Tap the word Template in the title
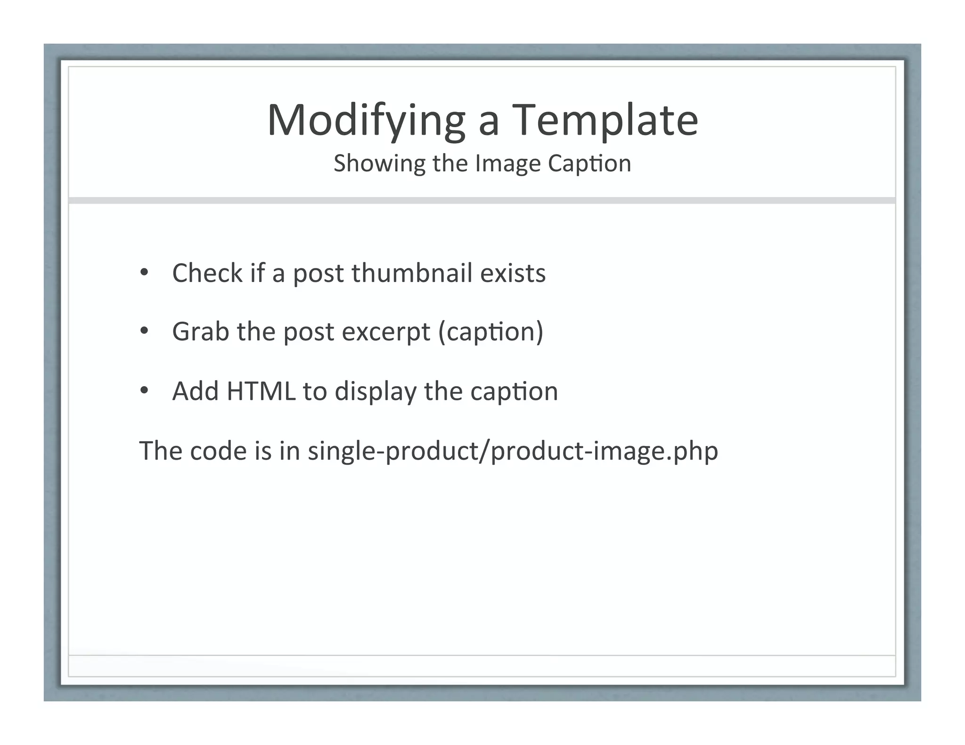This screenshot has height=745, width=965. click(x=605, y=121)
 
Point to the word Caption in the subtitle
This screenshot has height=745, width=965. click(x=589, y=164)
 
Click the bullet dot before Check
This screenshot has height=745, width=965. click(x=144, y=273)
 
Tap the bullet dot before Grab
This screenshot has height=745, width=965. click(x=144, y=332)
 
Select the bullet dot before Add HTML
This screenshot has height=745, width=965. click(x=144, y=391)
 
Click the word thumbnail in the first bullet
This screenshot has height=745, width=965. click(x=412, y=273)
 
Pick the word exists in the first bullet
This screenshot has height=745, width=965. click(x=513, y=273)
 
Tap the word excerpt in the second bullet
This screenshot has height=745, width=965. click(x=386, y=332)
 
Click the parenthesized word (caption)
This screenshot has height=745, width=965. click(x=491, y=332)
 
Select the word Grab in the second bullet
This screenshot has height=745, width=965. click(x=200, y=332)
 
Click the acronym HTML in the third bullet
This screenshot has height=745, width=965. click(x=261, y=391)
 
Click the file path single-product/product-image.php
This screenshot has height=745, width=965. click(x=513, y=451)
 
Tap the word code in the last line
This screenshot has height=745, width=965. click(x=218, y=451)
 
